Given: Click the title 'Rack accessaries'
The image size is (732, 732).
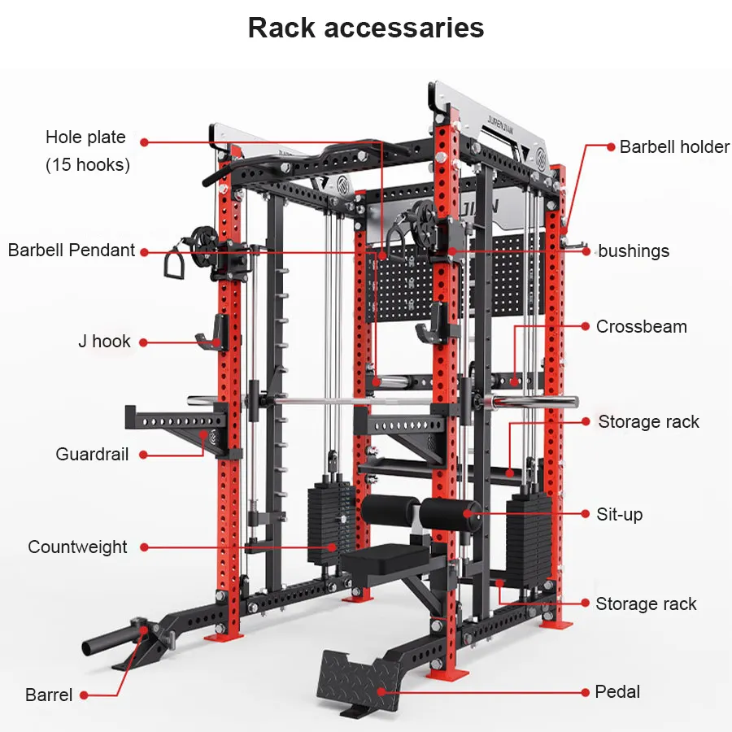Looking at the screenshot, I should coord(366,28).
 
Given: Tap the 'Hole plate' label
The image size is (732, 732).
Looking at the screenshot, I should coord(85,137).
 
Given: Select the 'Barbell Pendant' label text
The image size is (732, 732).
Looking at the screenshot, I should coord(72,250).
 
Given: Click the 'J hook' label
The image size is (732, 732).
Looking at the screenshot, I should coord(104,342).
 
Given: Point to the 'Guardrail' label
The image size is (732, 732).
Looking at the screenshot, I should coord(92,454).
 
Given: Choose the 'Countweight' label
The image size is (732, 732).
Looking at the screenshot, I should coord(77,547).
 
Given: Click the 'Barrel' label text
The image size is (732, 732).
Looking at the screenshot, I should coord(49,695).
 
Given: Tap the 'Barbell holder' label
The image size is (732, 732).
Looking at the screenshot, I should coord(674,146).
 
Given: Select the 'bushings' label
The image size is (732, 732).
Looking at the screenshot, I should coord(634,251).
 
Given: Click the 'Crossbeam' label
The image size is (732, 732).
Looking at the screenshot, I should coord(641,326).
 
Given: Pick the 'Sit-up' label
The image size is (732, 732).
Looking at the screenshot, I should coord(620,514).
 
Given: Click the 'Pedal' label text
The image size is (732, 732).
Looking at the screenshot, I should coord(617,691).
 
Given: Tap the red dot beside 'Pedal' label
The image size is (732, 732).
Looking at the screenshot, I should coord(586,692).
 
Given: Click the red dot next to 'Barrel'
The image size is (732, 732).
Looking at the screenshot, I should coord(84,695).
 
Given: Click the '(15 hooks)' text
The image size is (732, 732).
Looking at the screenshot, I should coord(88,164).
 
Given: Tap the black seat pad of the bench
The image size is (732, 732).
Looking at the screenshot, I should coord(382,560).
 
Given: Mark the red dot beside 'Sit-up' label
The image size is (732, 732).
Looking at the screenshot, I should coord(586,514).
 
